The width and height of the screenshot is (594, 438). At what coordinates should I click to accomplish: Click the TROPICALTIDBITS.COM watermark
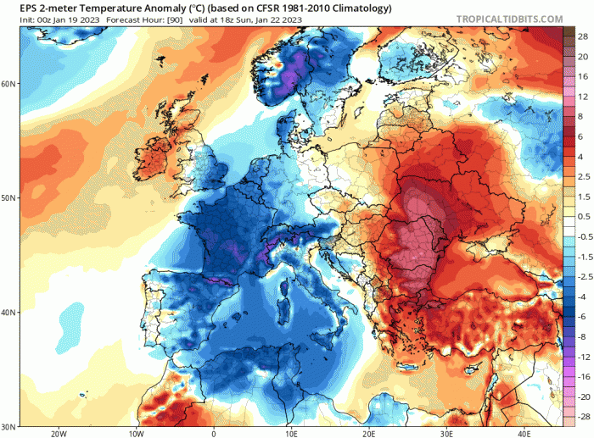tap(509, 18)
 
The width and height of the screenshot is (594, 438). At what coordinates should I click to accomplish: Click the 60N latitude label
tap(8, 83)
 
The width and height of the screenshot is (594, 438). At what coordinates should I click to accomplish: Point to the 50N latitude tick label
tap(8, 197)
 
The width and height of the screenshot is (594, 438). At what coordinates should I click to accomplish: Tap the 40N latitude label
tap(8, 312)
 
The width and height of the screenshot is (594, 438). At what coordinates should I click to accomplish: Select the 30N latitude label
tap(8, 426)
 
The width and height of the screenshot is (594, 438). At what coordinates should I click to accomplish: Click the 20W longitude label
tap(59, 433)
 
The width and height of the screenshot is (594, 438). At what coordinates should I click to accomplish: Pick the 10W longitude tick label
tap(136, 433)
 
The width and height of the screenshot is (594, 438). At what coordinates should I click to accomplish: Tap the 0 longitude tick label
tap(213, 433)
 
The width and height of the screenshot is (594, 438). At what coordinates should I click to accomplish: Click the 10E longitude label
tap(291, 433)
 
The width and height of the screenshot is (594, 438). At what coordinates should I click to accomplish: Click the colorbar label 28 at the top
tap(585, 37)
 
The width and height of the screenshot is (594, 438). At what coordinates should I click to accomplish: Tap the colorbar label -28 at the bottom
tap(583, 417)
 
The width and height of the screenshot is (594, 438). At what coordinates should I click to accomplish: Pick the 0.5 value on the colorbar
tap(585, 216)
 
